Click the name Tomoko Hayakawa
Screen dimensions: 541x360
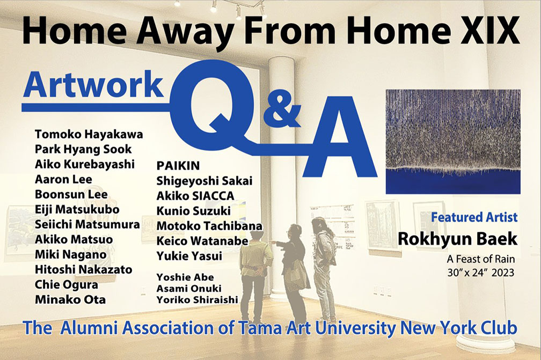click(89, 134)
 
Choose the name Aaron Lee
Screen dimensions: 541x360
click(63, 179)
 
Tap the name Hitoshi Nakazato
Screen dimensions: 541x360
click(84, 269)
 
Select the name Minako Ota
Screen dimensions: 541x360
click(70, 299)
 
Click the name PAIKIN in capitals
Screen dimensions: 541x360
click(178, 166)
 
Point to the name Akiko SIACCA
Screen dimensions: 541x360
click(195, 196)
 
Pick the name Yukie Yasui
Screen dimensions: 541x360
click(189, 256)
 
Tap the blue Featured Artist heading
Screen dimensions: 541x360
click(474, 217)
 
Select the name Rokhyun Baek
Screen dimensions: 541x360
click(457, 239)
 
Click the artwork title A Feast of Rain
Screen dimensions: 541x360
click(481, 259)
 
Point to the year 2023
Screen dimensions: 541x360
click(503, 273)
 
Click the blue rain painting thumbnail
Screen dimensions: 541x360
click(453, 142)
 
